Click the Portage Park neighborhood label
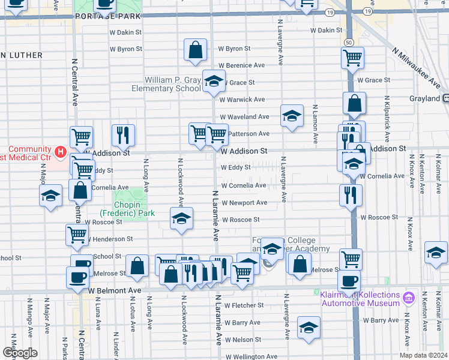point(108,17)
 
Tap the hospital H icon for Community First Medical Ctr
point(60,152)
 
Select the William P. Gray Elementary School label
point(172,84)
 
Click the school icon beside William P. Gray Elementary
point(213,82)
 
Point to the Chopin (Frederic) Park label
point(127,209)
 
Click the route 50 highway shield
point(349,42)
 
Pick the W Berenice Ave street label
point(241,65)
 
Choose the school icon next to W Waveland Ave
point(292,116)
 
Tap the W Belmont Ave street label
point(115,290)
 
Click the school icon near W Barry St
point(309,328)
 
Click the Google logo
point(20,353)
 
